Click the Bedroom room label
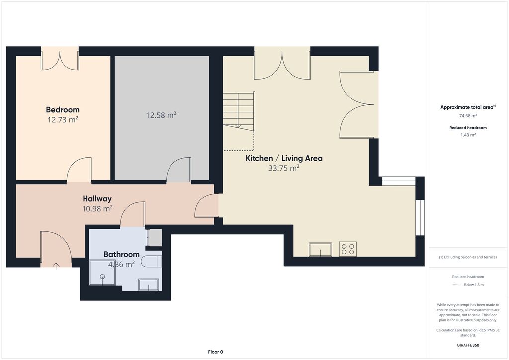63,110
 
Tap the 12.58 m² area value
161,115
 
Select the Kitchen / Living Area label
284,158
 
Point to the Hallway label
97,199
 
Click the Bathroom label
121,254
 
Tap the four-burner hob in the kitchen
348,249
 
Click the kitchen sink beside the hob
320,249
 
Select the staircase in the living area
239,111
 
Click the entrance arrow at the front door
56,266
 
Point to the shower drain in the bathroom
102,277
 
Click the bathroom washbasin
149,285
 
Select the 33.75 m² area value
284,168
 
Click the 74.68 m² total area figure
468,116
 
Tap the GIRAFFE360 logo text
468,345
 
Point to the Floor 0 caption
216,352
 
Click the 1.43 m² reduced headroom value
468,135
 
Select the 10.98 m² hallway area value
97,208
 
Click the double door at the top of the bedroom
60,59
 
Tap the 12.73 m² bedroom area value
63,120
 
